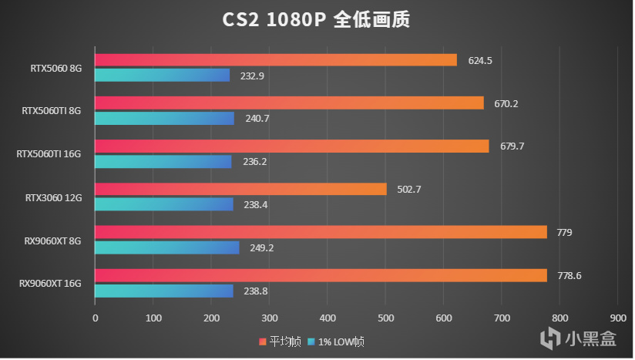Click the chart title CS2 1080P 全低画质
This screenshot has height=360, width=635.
317,19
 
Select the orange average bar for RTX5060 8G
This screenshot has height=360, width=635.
276,60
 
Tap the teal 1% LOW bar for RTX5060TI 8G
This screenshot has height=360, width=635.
164,119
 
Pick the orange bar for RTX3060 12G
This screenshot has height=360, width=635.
240,189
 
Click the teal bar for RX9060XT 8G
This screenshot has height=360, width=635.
167,247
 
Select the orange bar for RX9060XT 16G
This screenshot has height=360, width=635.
321,275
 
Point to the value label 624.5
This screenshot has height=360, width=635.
480,60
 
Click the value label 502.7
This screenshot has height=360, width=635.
410,189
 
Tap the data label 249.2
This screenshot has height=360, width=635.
262,248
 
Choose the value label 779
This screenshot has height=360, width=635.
565,232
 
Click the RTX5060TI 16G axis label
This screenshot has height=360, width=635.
49,154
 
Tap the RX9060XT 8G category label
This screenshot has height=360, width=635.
52,241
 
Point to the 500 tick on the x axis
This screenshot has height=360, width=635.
385,317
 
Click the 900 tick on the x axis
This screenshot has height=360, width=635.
617,317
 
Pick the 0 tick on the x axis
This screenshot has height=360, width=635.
96,317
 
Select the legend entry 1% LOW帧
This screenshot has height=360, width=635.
339,341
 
